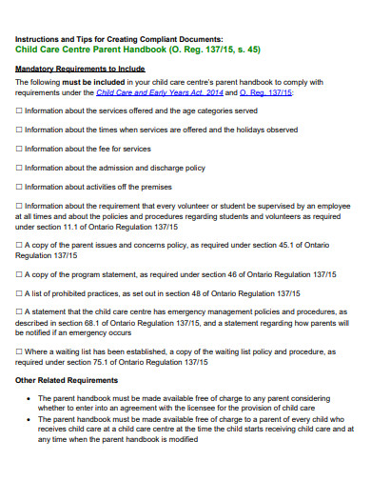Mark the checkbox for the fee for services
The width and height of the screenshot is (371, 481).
[19, 149]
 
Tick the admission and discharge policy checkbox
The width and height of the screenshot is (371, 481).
[19, 168]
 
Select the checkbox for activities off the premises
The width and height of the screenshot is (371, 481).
[19, 188]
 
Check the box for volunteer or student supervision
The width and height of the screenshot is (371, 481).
[19, 207]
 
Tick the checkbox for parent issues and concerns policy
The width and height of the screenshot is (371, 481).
[19, 245]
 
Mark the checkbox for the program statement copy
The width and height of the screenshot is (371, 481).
[19, 274]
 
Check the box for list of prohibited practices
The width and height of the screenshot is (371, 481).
[19, 293]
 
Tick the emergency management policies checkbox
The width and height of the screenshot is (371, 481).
[19, 312]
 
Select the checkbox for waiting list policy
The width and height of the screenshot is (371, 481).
[19, 351]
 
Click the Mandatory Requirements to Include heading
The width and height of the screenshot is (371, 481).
[79, 70]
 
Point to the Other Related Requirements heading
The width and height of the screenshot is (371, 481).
[68, 380]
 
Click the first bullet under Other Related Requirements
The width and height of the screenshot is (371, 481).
[35, 397]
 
